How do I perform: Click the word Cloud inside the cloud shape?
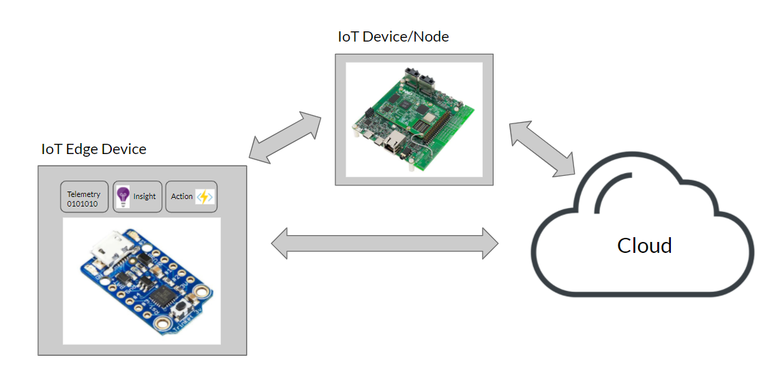click(x=644, y=245)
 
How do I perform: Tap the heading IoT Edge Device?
click(x=93, y=149)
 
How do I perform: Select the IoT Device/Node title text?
click(x=393, y=37)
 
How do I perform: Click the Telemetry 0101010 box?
click(x=84, y=197)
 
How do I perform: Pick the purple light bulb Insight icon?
click(x=123, y=196)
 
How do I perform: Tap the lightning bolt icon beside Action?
click(x=205, y=196)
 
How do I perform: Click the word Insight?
click(x=145, y=196)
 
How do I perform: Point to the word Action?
click(x=181, y=196)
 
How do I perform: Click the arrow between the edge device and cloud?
click(x=385, y=243)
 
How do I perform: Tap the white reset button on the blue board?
click(x=182, y=309)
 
